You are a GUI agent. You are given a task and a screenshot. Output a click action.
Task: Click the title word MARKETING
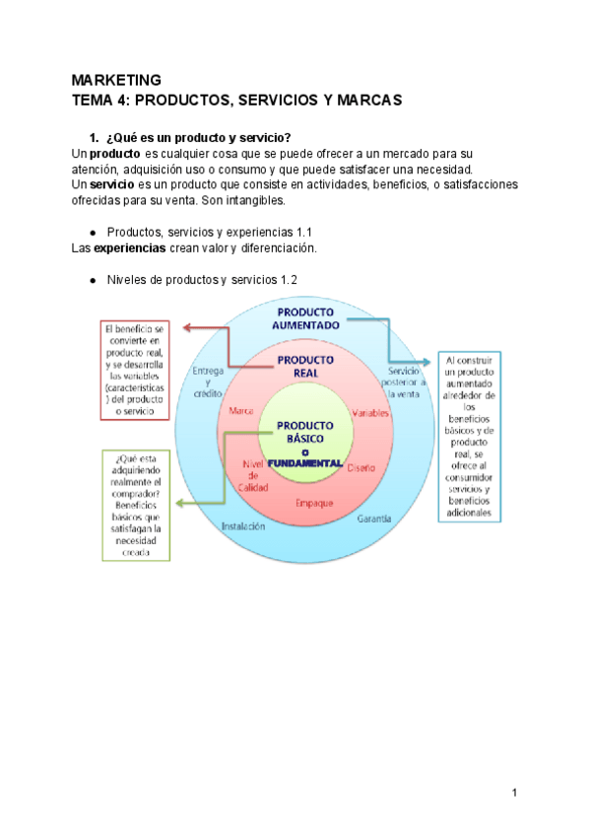(116, 80)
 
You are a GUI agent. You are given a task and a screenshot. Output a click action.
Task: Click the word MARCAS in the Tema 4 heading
(361, 101)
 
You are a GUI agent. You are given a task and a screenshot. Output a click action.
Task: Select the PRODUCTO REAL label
(305, 366)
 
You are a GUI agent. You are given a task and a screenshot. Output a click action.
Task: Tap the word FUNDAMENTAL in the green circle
(305, 462)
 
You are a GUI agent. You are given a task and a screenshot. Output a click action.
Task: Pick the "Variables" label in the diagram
(370, 414)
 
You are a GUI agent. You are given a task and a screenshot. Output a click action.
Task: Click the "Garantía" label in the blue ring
(375, 519)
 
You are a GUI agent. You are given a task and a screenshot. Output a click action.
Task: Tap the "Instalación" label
(243, 526)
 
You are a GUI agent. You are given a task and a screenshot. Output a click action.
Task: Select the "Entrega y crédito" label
(208, 382)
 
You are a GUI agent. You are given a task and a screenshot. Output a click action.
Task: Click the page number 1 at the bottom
(515, 793)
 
